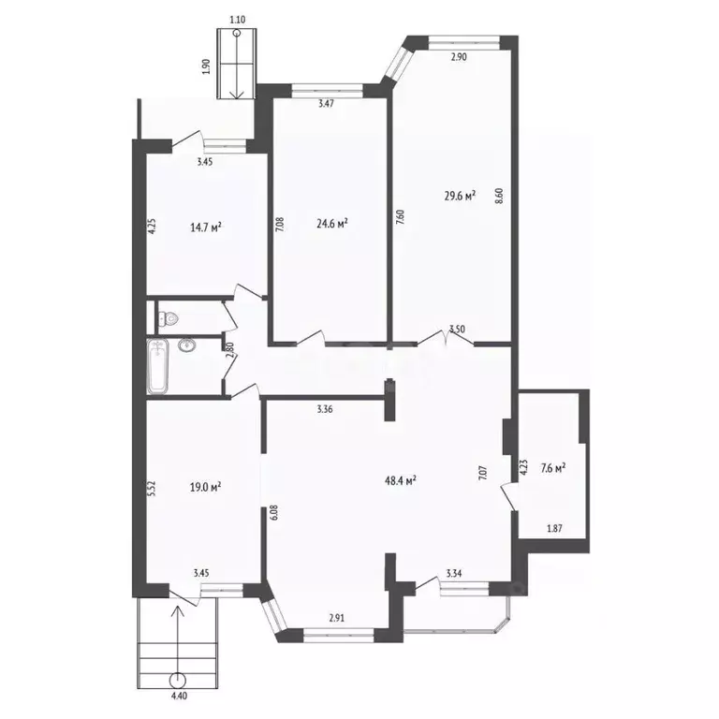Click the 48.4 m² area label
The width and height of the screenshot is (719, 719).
click(401, 480)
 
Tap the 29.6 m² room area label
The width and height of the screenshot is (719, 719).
click(460, 197)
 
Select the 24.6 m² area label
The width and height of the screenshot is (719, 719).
click(332, 224)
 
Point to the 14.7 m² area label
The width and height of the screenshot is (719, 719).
click(206, 227)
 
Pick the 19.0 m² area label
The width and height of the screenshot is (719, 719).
click(205, 487)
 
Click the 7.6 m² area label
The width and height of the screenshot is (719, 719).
click(552, 469)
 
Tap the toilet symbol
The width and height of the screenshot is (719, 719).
click(168, 317)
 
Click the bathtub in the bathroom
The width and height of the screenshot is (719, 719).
click(157, 367)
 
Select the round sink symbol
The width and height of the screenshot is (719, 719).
click(186, 345)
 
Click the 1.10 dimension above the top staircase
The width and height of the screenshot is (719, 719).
click(238, 20)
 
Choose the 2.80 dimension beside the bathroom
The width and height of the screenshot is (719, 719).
click(230, 350)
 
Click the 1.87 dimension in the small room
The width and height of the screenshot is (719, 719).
click(555, 529)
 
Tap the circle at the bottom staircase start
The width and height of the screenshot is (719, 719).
click(178, 680)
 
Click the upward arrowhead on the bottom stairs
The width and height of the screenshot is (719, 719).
click(178, 610)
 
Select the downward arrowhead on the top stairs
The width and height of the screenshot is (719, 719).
click(237, 95)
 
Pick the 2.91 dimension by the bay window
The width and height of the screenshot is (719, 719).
click(337, 618)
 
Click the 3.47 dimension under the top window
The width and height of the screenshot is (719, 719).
click(326, 104)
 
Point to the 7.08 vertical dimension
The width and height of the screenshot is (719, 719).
click(281, 224)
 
